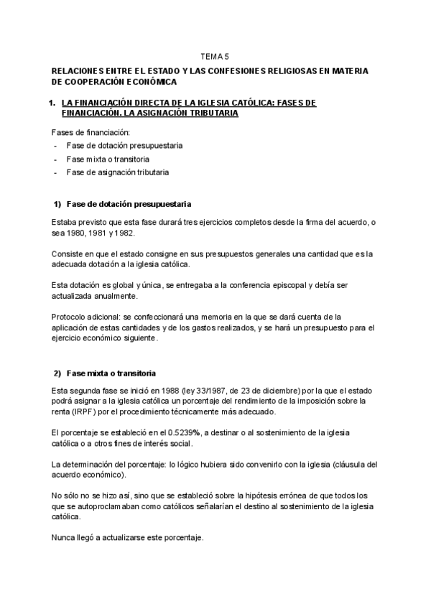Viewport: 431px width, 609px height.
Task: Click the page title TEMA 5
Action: point(215,55)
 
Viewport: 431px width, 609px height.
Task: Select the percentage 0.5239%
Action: point(185,433)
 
